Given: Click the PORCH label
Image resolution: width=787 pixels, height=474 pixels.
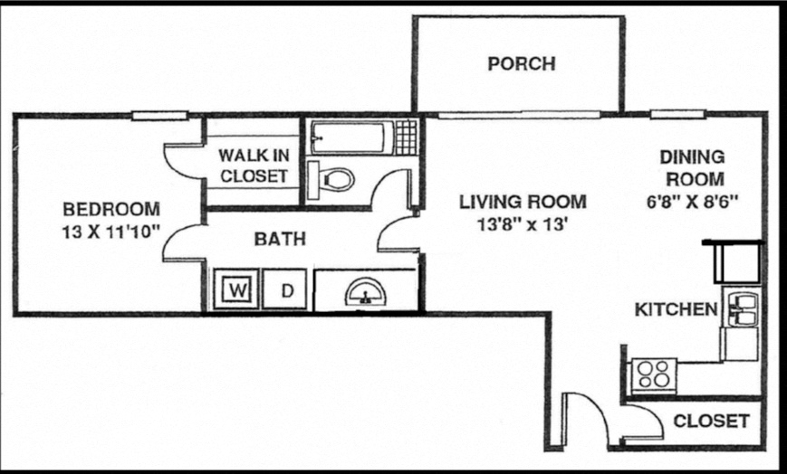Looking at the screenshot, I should pyautogui.click(x=521, y=64).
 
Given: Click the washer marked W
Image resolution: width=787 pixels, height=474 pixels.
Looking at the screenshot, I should pyautogui.click(x=237, y=290).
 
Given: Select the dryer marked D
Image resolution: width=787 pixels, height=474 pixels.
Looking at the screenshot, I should pyautogui.click(x=287, y=290).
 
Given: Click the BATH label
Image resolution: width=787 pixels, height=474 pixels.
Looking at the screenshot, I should pyautogui.click(x=279, y=240).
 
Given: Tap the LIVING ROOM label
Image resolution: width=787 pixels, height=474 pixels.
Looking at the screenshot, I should pyautogui.click(x=522, y=201).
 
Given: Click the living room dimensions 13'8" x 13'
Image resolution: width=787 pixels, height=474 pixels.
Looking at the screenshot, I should pyautogui.click(x=522, y=225).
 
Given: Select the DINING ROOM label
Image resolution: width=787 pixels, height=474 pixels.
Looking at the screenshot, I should pyautogui.click(x=691, y=167).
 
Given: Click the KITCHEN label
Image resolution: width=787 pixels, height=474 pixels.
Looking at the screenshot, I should pyautogui.click(x=675, y=310).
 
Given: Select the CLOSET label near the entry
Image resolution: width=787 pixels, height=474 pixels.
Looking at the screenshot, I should pyautogui.click(x=712, y=421).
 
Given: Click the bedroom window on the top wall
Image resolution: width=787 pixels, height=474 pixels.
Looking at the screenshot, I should pyautogui.click(x=159, y=115).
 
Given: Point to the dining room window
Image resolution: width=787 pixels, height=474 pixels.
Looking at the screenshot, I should pyautogui.click(x=678, y=115).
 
